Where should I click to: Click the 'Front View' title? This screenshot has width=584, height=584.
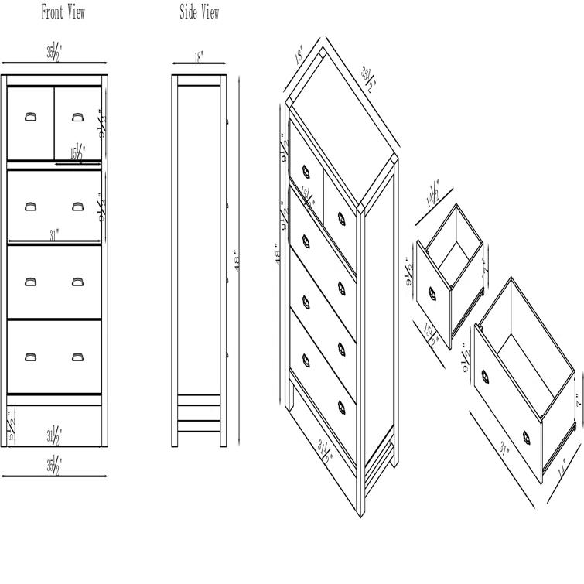(63, 12)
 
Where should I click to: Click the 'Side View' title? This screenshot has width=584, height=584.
(199, 12)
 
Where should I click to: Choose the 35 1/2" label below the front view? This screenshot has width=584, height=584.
(53, 465)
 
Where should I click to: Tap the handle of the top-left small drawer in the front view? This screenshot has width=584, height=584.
(30, 117)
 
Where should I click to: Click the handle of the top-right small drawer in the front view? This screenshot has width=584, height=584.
(77, 117)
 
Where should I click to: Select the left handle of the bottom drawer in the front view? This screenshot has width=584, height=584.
(30, 357)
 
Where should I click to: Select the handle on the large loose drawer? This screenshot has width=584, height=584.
(487, 377)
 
